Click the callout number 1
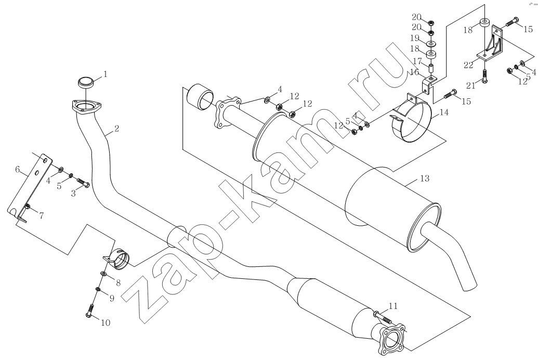coord(106,74)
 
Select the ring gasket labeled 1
coord(86,82)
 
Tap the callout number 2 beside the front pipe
coord(116,129)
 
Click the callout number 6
coord(18,169)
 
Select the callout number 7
coord(41,216)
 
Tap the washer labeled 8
coord(103,274)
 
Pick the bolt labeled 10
coord(90,310)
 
